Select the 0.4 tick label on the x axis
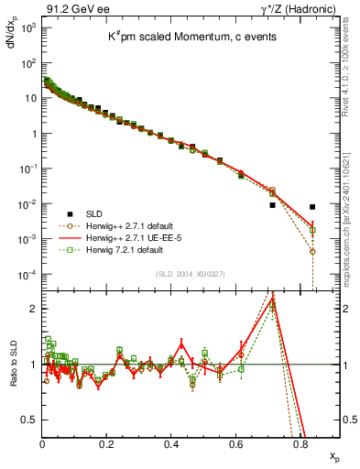click(x=171, y=444)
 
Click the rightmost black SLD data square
click(x=312, y=207)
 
